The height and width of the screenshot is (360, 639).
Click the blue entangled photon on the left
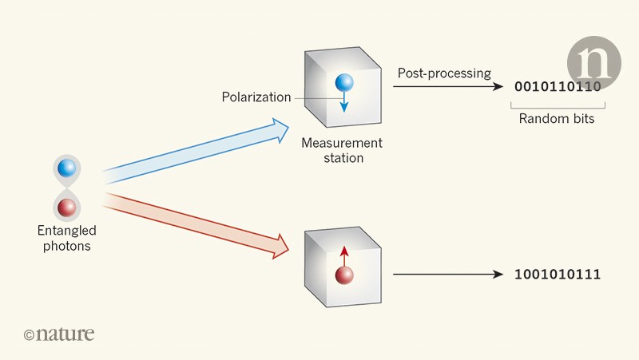67,168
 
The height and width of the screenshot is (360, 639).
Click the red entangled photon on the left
67,208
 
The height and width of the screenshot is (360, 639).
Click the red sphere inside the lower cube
344,275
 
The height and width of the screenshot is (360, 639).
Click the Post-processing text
444,73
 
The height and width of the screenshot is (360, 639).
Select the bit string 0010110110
557,87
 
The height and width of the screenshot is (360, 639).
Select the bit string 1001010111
558,275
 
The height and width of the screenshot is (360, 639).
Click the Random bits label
558,119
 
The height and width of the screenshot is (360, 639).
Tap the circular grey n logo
593,63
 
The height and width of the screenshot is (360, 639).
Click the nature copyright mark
59,334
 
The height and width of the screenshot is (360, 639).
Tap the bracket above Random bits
558,105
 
